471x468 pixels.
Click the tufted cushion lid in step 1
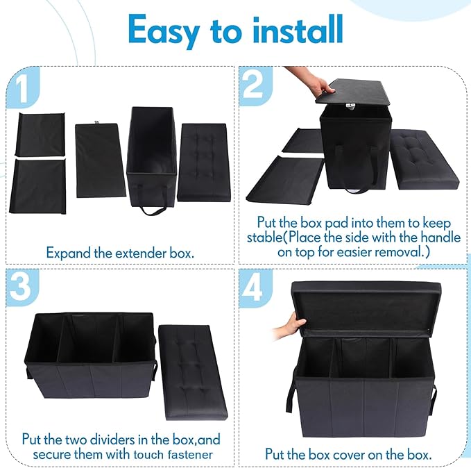pyautogui.click(x=202, y=161)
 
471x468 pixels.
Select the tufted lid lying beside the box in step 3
pyautogui.click(x=185, y=371)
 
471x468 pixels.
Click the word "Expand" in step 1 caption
pyautogui.click(x=69, y=253)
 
